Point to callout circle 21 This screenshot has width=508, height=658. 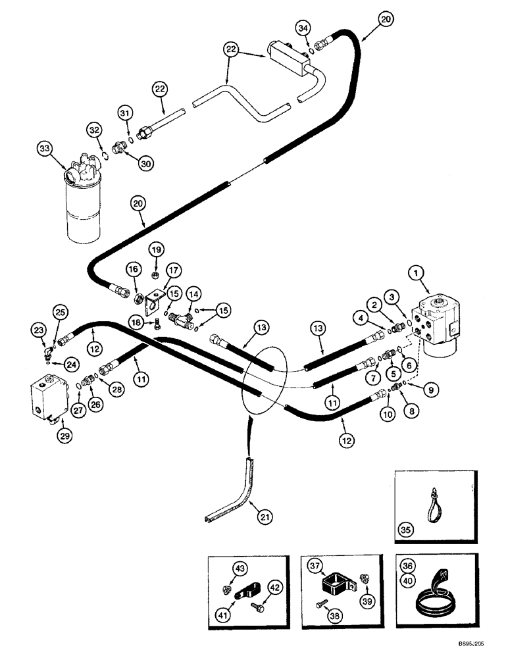coord(264,518)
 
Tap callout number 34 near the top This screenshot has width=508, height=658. coord(303,28)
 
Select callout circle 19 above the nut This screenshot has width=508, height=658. coord(155,249)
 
